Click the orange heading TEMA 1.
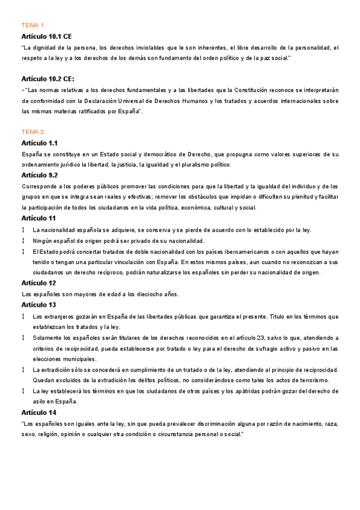pos(34,25)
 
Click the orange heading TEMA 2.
pos(34,132)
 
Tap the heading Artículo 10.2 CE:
pos(47,79)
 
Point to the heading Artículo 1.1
pos(39,143)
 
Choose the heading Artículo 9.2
pos(39,175)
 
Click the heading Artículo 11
pos(38,218)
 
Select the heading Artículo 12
pos(38,283)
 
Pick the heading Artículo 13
pos(38,305)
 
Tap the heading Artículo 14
pos(38,413)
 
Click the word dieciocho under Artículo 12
pos(138,294)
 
